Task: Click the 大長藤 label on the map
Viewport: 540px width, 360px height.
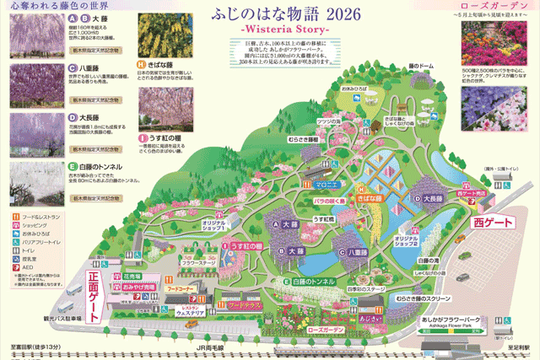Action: pos(430,198)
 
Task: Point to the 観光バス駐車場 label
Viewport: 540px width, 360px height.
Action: pos(58,319)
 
